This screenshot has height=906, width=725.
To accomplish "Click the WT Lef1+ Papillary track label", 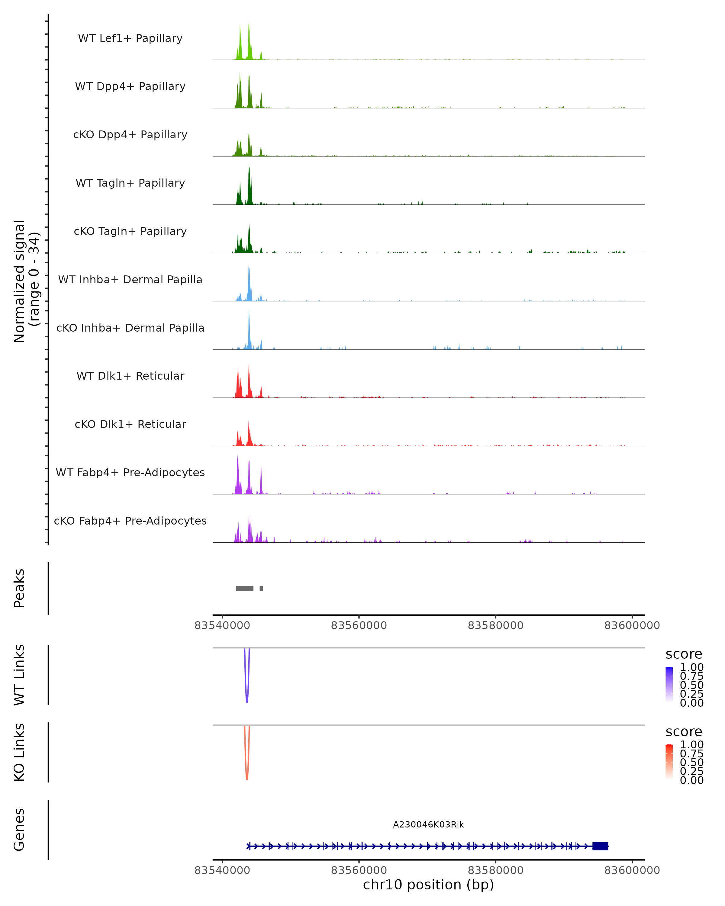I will [130, 38].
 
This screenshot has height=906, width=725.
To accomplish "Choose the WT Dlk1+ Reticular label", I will [130, 376].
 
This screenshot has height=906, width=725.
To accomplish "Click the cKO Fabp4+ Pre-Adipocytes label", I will [130, 521].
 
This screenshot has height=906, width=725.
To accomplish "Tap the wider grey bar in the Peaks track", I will [245, 588].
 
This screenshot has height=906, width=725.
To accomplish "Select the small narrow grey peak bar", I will [261, 588].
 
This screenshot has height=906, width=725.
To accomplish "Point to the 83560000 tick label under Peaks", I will [359, 626].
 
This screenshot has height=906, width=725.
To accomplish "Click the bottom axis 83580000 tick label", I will [495, 870].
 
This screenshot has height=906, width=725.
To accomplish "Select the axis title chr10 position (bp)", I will [428, 885].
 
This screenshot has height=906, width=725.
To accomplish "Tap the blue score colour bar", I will [669, 685].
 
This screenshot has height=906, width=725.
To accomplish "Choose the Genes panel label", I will [19, 830].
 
